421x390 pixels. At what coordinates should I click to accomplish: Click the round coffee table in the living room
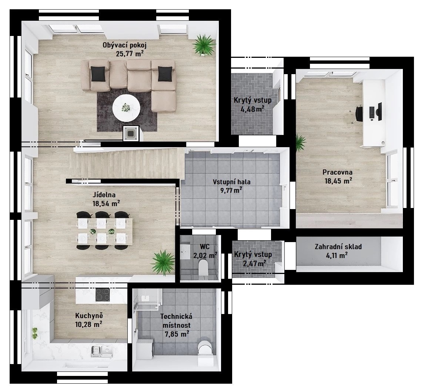[126, 108]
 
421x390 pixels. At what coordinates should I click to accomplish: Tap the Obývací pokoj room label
[124, 45]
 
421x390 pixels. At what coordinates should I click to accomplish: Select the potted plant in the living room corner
[204, 45]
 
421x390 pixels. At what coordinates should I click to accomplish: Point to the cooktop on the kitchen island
[103, 295]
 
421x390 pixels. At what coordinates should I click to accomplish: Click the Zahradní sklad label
[338, 247]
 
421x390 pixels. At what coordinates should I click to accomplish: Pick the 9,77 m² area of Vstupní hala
[231, 191]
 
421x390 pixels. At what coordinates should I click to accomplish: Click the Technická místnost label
[176, 321]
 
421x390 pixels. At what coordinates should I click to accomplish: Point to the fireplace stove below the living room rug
[131, 133]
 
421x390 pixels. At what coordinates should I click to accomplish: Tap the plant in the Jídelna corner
[162, 262]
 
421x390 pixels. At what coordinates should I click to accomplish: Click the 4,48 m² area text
[253, 109]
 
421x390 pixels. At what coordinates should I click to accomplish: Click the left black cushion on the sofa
[98, 73]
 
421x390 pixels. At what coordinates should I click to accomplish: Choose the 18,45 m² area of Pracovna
[338, 181]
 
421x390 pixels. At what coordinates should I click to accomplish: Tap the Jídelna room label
[104, 194]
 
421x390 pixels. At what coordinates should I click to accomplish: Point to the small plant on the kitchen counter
[35, 333]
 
